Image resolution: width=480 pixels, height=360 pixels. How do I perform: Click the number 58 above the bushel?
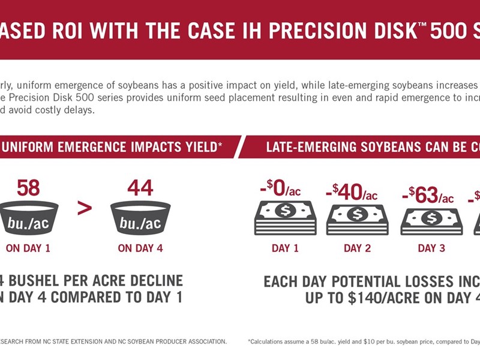(28, 188)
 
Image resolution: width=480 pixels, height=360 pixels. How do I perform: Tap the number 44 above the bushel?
(140, 188)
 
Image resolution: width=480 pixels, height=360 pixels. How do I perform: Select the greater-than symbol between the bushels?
(85, 209)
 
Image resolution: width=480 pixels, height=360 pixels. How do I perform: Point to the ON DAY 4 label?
(140, 248)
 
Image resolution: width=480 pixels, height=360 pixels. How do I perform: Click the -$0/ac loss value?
(280, 190)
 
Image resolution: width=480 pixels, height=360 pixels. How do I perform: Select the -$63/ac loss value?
(427, 196)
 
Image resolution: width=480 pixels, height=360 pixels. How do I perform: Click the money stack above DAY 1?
(285, 217)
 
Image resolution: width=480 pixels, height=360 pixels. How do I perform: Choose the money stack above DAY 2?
(357, 219)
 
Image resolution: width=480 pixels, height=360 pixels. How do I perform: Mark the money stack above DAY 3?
(431, 221)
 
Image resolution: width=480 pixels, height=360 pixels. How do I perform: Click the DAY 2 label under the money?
(357, 248)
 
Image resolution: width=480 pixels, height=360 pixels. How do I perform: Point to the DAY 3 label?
(431, 248)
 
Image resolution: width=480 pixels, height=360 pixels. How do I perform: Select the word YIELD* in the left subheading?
(200, 146)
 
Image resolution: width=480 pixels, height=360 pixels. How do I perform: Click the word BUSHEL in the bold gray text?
(44, 281)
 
